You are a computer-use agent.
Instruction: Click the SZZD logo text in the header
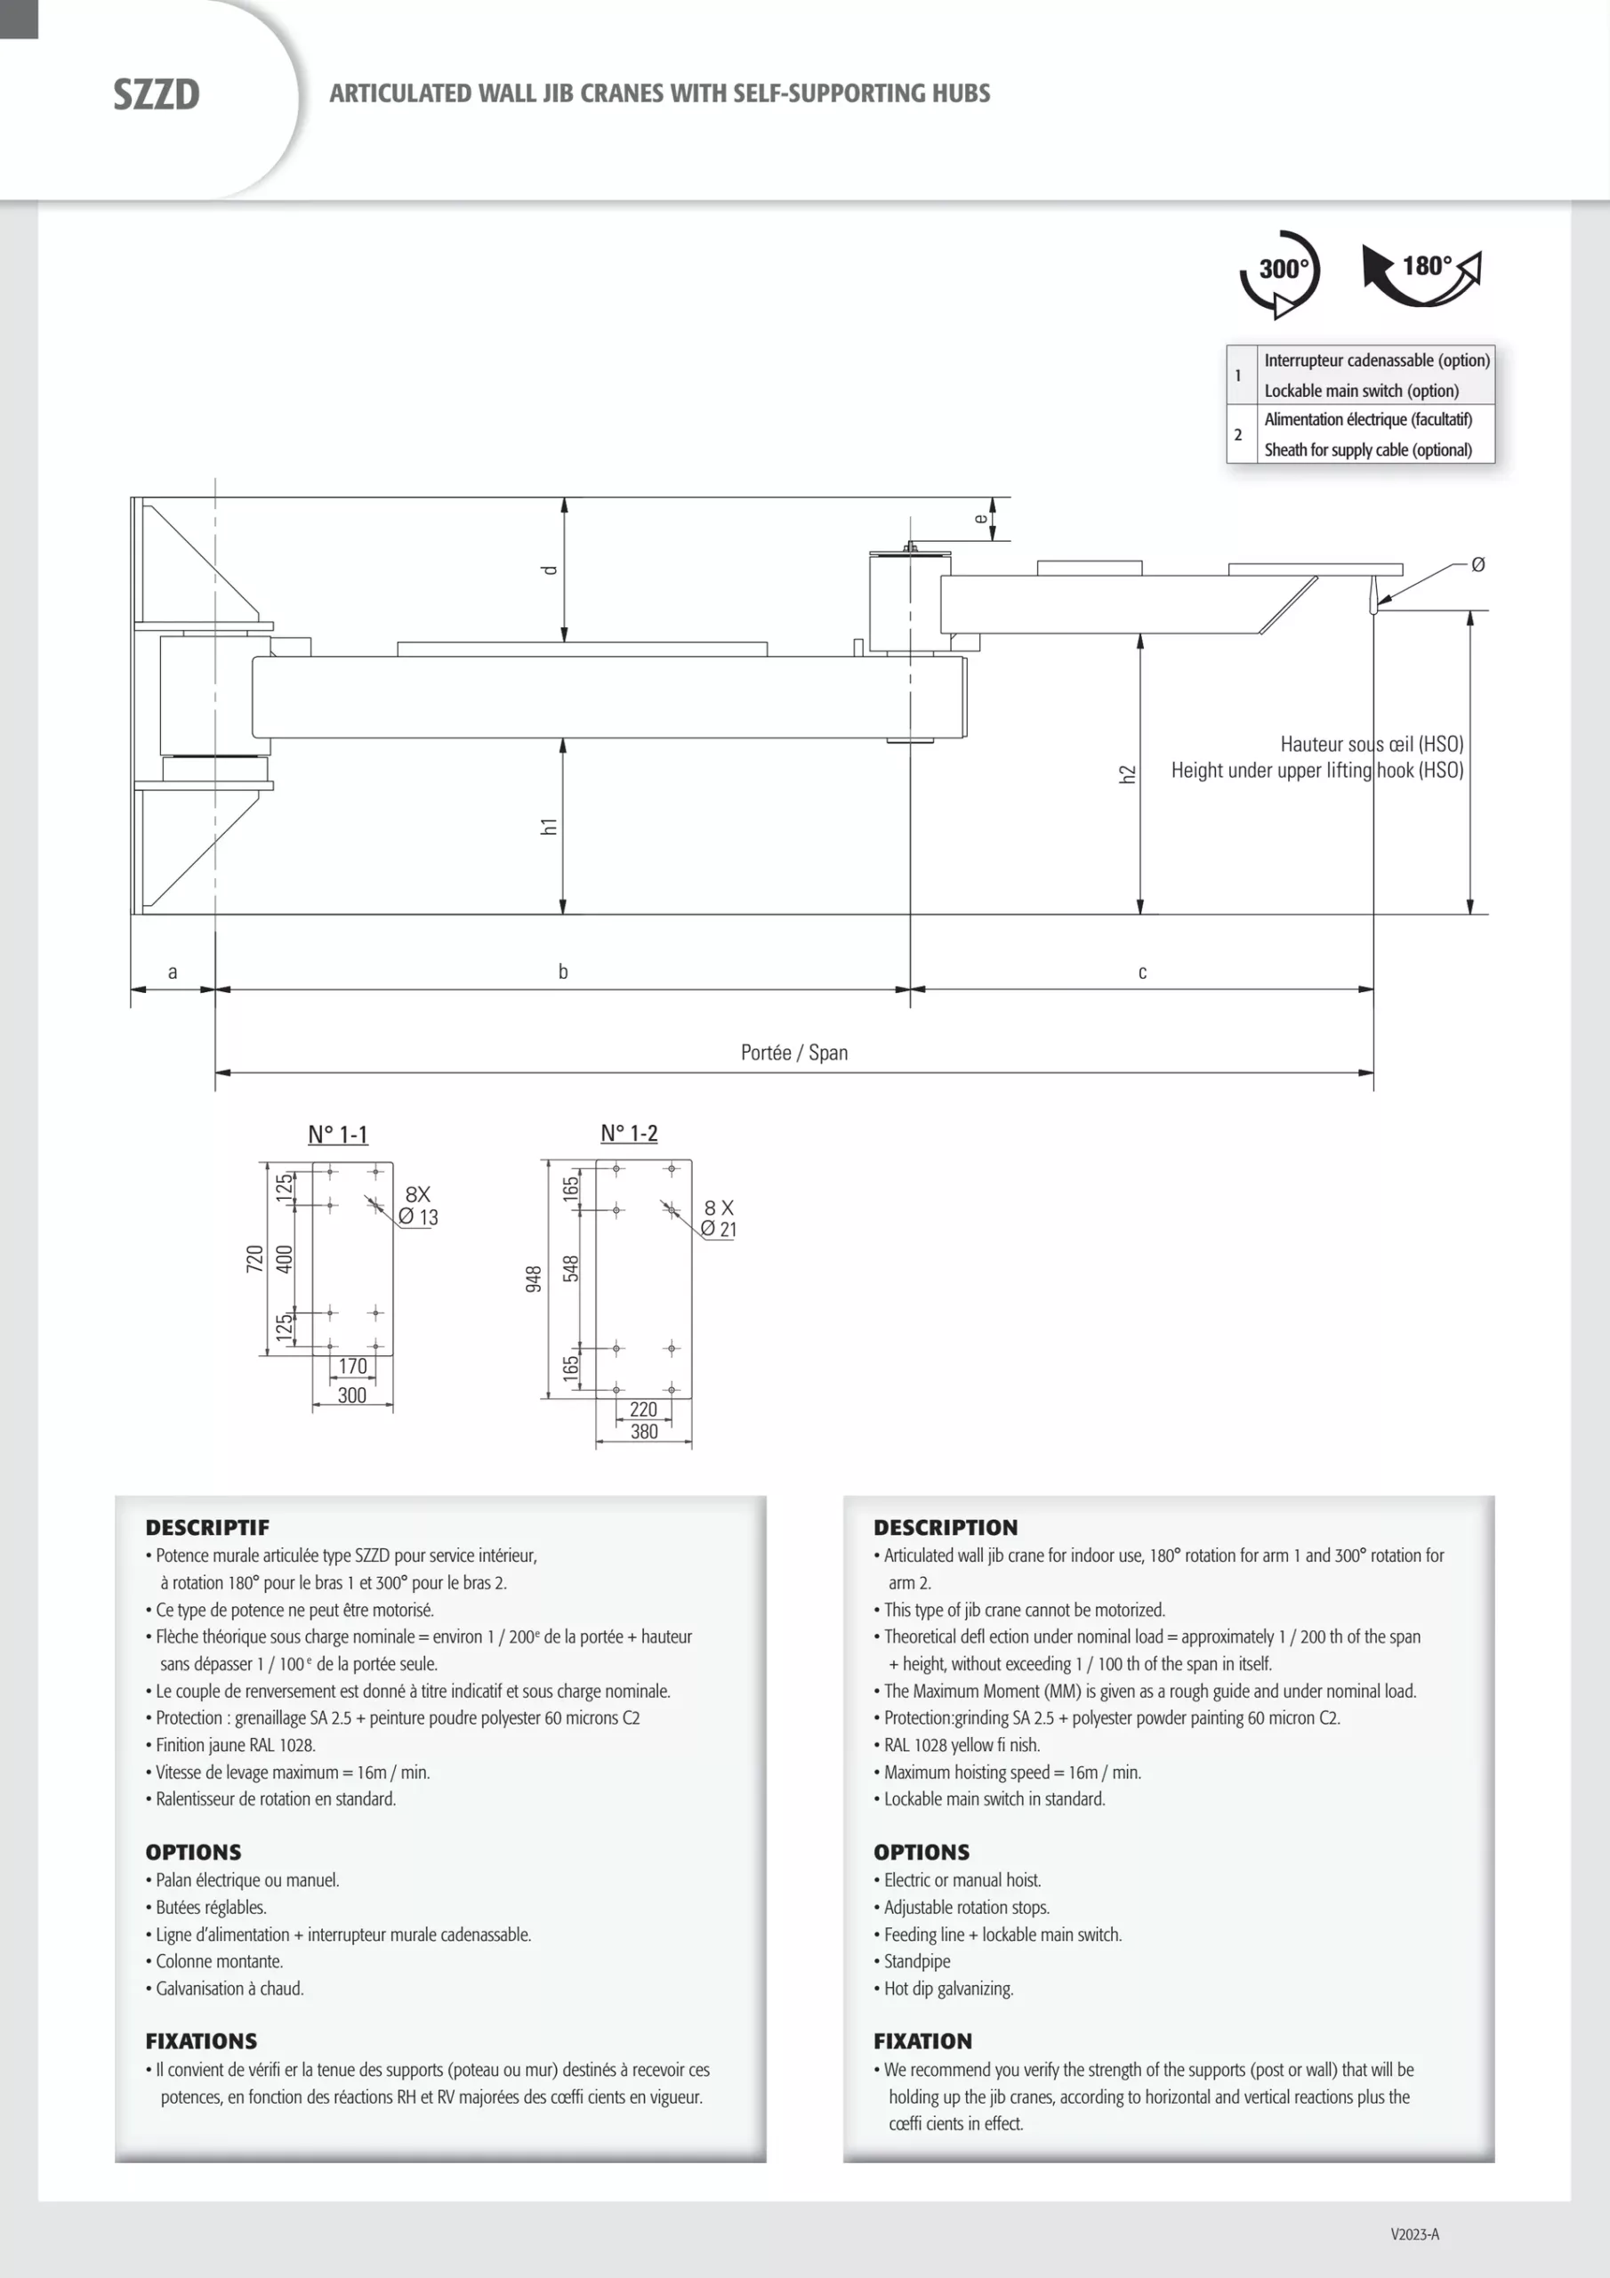156,95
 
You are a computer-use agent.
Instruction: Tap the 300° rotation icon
1280,272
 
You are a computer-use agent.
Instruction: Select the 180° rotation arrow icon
1421,272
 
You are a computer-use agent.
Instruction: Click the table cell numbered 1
1238,375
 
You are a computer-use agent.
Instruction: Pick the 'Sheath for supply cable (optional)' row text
1367,449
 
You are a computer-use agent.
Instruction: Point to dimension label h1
549,826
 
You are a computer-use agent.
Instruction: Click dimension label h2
1127,774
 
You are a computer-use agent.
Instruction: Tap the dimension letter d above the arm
550,569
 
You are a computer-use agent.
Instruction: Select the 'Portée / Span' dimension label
793,1052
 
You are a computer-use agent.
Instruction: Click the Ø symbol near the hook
1477,564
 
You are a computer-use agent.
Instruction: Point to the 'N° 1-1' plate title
337,1134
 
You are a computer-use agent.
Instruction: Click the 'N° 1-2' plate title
629,1133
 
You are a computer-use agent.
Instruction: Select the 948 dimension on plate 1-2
534,1278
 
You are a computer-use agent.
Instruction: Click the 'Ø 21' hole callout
718,1229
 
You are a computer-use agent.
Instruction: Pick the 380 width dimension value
644,1431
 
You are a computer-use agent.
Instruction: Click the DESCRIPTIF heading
207,1527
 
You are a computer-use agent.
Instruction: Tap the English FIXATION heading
922,2041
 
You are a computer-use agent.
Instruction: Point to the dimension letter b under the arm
562,972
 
